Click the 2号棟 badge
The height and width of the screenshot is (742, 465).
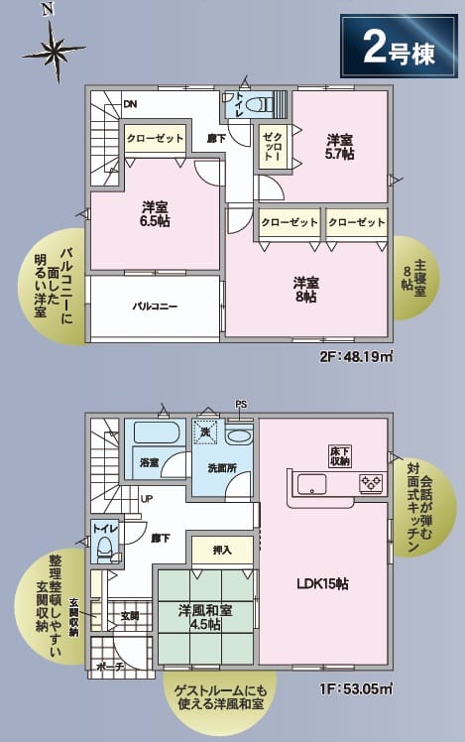coord(399,46)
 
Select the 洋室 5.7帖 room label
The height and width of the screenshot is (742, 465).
coord(340,147)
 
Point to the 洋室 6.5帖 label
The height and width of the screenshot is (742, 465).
coord(156,214)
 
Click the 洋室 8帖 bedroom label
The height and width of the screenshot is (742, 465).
coord(305,290)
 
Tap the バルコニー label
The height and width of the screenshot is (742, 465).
coord(155,307)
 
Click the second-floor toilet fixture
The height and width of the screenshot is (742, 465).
coord(259,103)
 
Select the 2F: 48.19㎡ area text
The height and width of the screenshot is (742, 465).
coord(357,356)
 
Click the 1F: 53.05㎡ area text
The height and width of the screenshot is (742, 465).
coord(357,688)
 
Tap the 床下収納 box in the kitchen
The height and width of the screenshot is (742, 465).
coord(340,456)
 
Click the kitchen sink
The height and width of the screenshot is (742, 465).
coord(311,484)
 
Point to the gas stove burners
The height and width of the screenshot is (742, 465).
coord(371,483)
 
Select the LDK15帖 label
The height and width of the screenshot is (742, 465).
coord(322,584)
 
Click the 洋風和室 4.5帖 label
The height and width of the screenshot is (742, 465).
coord(205,617)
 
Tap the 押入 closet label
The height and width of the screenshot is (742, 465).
coord(222,550)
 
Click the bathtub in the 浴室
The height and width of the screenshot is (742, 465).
coord(156,433)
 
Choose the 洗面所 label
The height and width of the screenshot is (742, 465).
coord(222,468)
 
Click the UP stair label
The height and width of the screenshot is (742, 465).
coord(146,499)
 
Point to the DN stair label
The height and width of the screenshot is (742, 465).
coord(130,104)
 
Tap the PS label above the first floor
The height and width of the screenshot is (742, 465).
coord(241,405)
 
